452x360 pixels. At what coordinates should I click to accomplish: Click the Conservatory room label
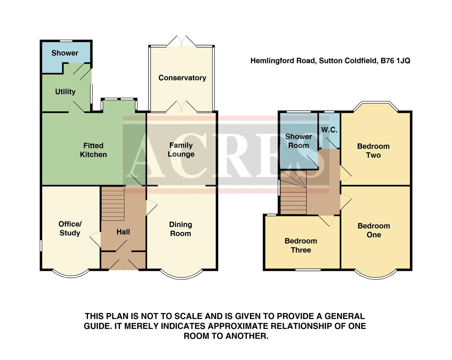pos(182,78)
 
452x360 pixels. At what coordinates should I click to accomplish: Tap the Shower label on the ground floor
pos(65,53)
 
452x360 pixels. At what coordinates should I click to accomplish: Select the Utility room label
pos(65,92)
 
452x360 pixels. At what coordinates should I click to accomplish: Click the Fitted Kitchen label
pos(93,150)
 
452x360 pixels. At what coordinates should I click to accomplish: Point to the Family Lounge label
pos(181,150)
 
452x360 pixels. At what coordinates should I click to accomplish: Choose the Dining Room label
pos(180,229)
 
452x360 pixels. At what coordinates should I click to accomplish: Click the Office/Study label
pos(70,229)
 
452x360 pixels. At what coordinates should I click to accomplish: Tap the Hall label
pos(123,232)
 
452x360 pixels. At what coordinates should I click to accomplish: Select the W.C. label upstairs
pos(329,130)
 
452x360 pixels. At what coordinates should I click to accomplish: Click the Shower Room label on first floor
pos(298,141)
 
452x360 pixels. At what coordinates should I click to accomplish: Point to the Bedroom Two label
pos(373,151)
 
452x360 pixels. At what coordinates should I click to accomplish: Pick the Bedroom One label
pos(374,230)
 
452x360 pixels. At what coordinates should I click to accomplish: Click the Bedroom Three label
pos(301,245)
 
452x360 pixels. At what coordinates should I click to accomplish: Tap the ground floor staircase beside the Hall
pos(112,203)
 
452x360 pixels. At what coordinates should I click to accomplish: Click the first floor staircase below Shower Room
pos(293,197)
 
